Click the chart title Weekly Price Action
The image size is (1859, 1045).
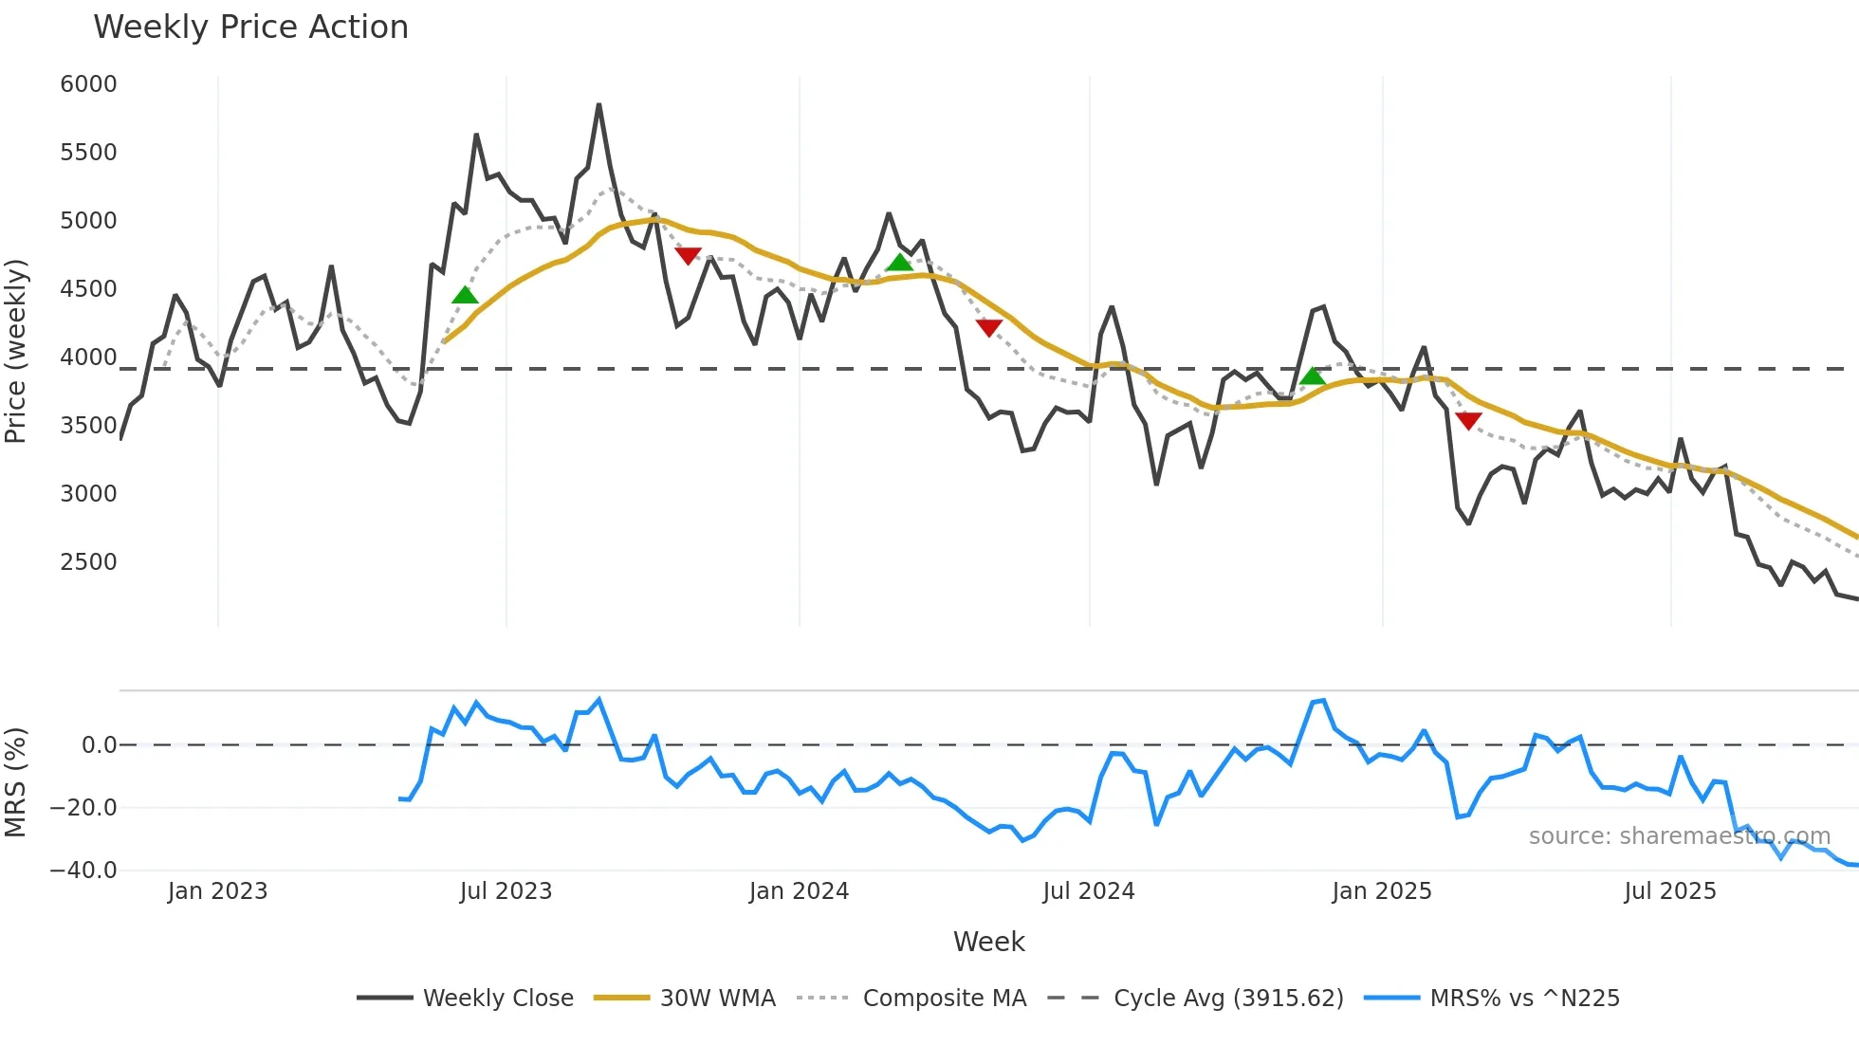click(x=250, y=27)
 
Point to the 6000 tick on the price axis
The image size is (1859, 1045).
click(x=88, y=84)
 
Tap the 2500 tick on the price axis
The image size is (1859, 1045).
click(x=88, y=562)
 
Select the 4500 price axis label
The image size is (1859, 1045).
click(x=88, y=289)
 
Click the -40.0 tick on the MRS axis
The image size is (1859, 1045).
click(x=83, y=871)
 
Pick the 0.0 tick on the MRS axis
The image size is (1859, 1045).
click(x=99, y=745)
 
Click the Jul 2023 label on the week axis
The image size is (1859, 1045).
click(x=506, y=891)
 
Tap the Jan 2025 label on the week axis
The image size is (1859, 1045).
click(x=1381, y=891)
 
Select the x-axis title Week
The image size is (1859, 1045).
click(x=988, y=942)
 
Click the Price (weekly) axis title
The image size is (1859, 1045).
click(x=16, y=351)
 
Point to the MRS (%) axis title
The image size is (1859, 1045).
click(x=16, y=782)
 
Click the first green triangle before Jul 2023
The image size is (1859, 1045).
click(x=465, y=296)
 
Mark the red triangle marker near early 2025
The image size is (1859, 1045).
click(x=1468, y=420)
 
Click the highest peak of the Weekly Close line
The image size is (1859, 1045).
click(x=598, y=105)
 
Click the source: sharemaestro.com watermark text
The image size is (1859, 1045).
click(x=1679, y=836)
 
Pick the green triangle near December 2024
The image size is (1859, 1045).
click(x=1313, y=376)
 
